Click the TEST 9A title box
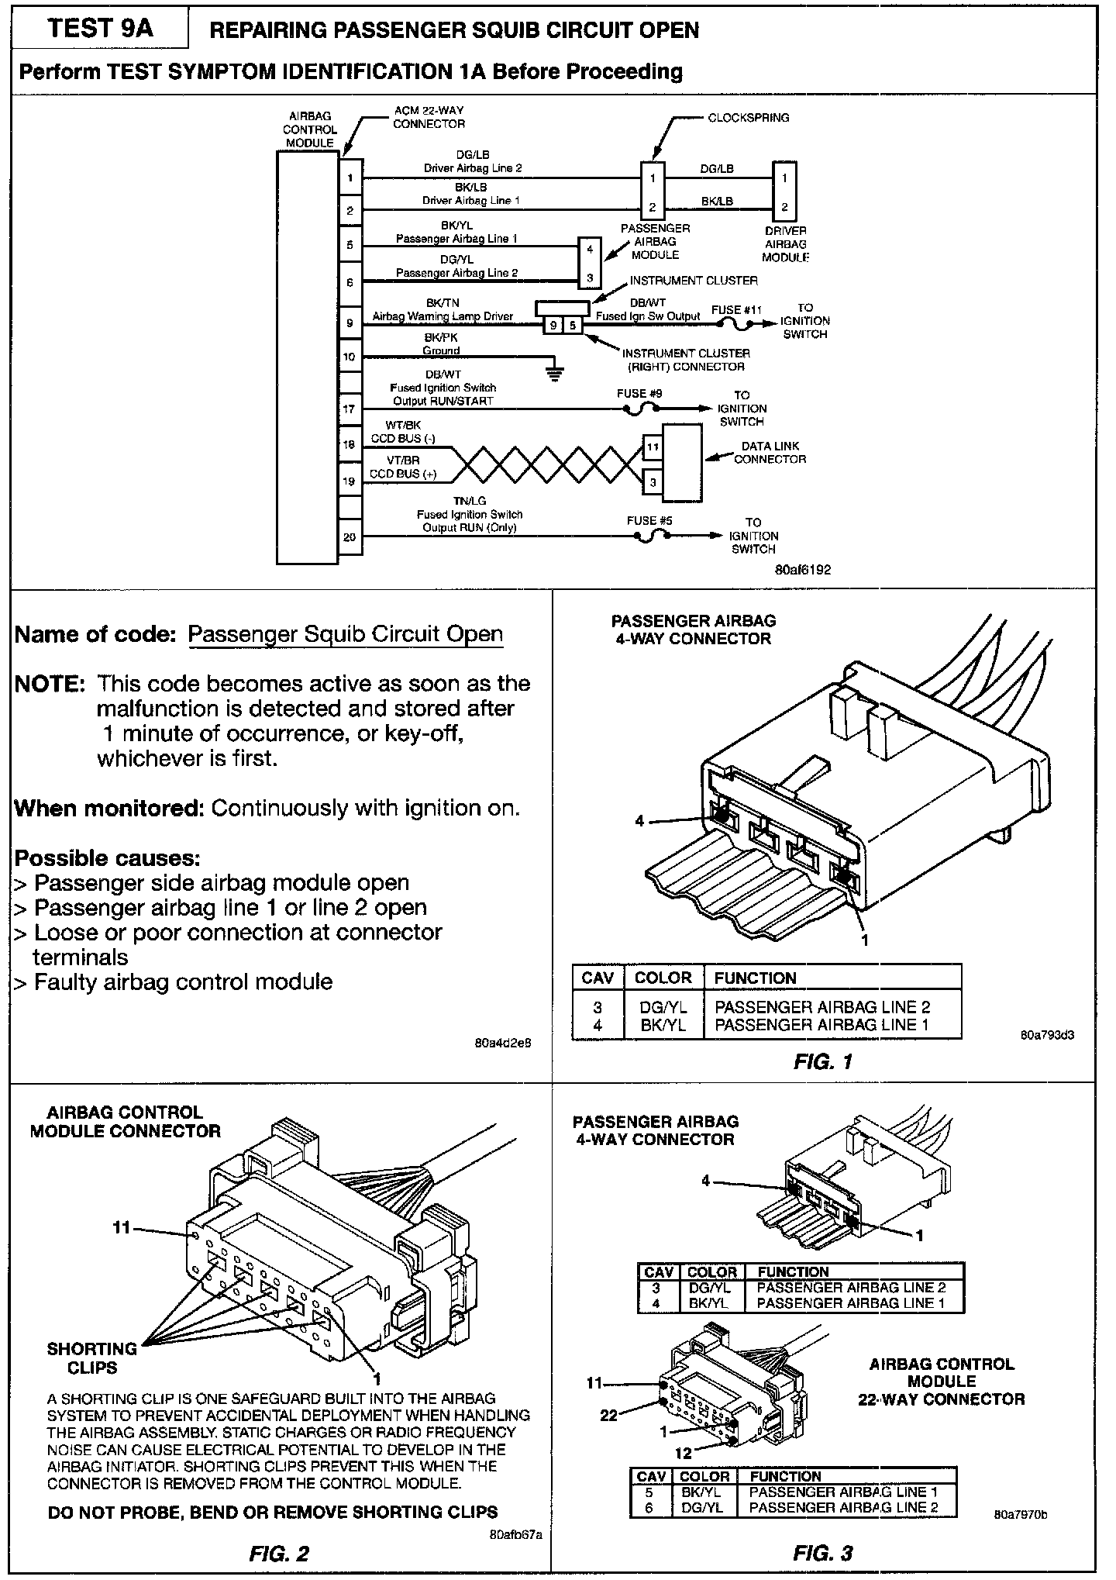[101, 29]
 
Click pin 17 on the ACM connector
[350, 408]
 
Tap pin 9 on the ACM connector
[350, 323]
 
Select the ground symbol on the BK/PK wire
[555, 373]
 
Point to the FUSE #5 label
[649, 521]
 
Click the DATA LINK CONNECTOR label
[770, 453]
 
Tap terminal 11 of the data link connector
[653, 447]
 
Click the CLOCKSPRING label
[748, 118]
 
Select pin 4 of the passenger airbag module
[590, 250]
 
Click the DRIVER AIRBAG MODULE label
[785, 243]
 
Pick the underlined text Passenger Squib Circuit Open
[346, 634]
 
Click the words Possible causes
[108, 858]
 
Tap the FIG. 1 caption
[822, 1062]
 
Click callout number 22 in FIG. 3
[609, 1415]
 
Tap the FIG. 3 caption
[822, 1553]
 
